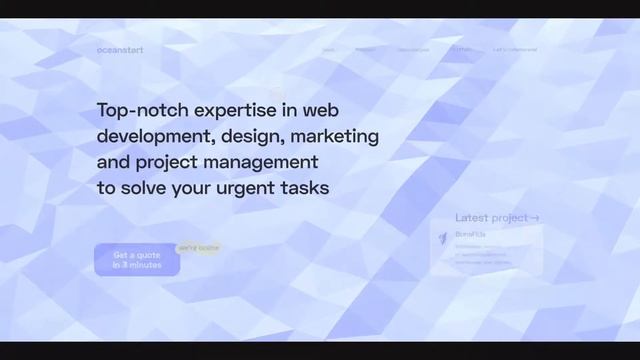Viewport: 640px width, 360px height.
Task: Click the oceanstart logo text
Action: (x=120, y=50)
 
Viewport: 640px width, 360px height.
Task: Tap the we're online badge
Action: (x=198, y=247)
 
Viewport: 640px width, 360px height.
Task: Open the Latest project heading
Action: (x=491, y=218)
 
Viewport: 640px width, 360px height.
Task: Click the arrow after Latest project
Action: (x=535, y=218)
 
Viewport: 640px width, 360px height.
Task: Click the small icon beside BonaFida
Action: (x=443, y=237)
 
